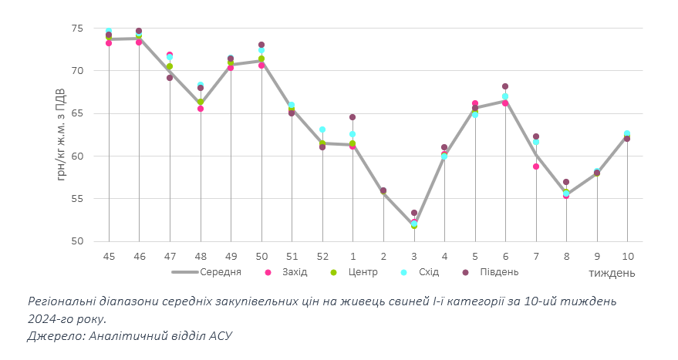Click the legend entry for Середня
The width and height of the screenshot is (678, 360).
point(221,272)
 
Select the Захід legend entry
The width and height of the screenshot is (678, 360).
point(295,272)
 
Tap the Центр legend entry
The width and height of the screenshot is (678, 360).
point(363,272)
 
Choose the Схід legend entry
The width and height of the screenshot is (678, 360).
point(428,272)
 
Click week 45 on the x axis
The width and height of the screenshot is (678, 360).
point(109,255)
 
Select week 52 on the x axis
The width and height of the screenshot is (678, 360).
point(322,255)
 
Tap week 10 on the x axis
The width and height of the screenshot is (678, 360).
point(627,255)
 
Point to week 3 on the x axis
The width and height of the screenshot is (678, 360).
point(414,255)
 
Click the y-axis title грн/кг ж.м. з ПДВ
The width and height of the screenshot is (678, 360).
point(62,134)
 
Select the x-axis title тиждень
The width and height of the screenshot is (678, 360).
point(612,273)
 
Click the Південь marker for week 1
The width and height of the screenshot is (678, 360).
point(352,117)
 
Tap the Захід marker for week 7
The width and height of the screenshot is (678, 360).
point(536,167)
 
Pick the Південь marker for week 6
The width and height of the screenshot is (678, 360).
point(505,86)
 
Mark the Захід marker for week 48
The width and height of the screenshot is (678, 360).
point(201,109)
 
